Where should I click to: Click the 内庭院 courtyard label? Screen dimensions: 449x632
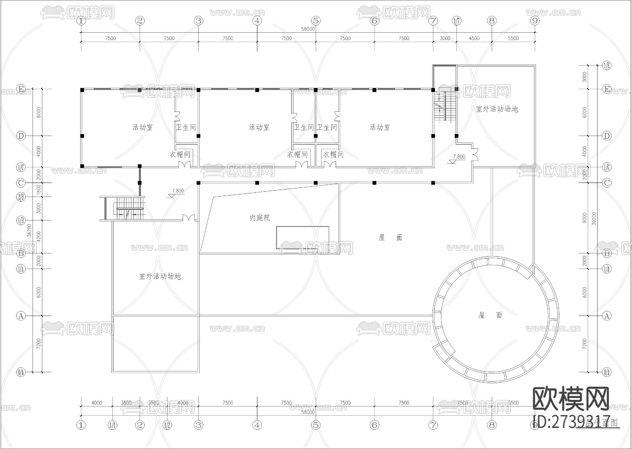point(260,218)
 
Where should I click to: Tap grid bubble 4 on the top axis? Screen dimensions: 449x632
point(257,21)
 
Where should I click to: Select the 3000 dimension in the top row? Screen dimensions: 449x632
point(445,38)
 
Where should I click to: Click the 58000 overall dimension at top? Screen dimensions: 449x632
point(308,29)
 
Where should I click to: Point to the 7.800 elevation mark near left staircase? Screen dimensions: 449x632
point(178,191)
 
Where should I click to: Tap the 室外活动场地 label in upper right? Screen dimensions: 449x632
point(497,109)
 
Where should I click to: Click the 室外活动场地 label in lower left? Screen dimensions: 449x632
point(160,277)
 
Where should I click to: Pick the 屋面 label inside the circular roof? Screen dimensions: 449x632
point(490,315)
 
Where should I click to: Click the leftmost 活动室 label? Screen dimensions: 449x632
point(143,127)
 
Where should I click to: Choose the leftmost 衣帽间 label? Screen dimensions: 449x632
point(180,154)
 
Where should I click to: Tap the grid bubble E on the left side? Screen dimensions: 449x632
point(21,89)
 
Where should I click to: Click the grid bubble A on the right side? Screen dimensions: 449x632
point(607,316)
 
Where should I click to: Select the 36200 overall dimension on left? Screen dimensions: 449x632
point(30,230)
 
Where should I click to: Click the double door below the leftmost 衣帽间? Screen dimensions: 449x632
point(185,164)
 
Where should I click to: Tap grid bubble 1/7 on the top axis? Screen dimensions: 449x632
point(456,21)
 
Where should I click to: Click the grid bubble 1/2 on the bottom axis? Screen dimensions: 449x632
point(167,425)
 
